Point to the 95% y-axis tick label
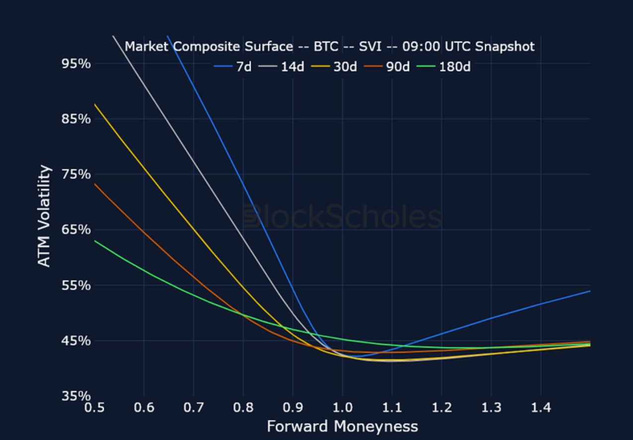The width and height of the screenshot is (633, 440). pos(75,64)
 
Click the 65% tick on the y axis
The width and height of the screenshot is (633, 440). pos(75,230)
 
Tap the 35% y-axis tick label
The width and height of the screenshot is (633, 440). pos(75,396)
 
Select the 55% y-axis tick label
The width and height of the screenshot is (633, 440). pos(75,286)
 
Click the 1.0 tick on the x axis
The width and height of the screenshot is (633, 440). pos(343,408)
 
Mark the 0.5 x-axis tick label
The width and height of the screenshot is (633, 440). pos(94,408)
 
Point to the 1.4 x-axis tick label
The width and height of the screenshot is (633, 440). pos(541,408)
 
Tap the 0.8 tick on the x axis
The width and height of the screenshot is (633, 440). pos(243,408)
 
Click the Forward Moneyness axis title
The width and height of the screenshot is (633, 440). pos(342,427)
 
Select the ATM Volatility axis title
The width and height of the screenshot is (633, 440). pos(45,216)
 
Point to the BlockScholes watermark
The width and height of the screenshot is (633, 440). pos(342,218)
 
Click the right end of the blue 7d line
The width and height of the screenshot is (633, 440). pos(590,291)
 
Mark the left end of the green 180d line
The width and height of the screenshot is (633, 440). pos(95,241)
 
